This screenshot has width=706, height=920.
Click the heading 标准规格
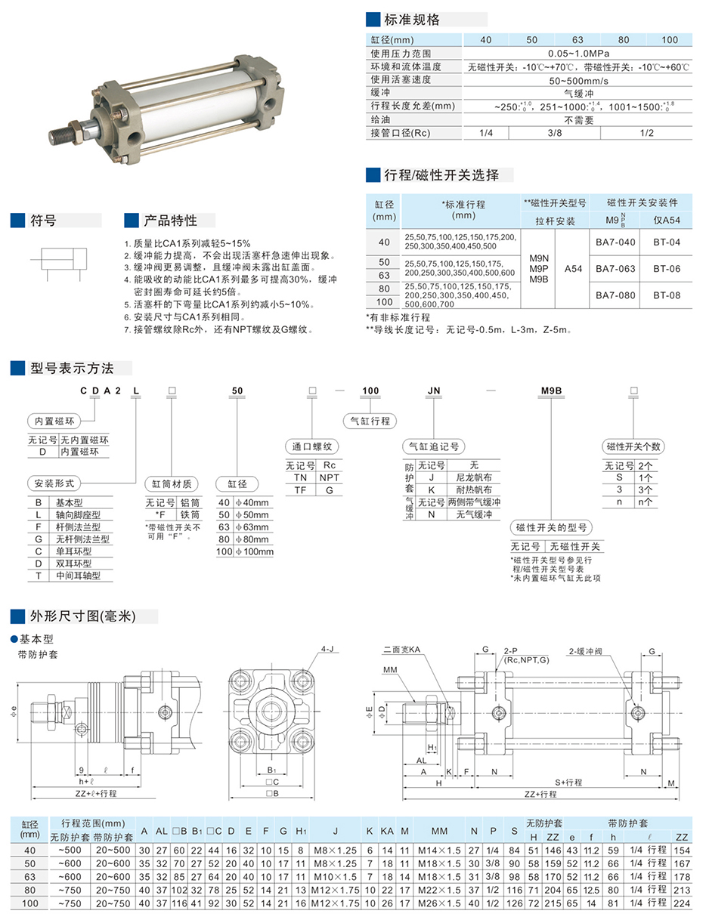(411, 20)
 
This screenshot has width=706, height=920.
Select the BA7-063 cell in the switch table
(615, 268)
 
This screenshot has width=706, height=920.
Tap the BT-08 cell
(667, 295)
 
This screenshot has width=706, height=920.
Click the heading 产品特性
(170, 221)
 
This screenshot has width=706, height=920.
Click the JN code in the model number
(433, 391)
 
